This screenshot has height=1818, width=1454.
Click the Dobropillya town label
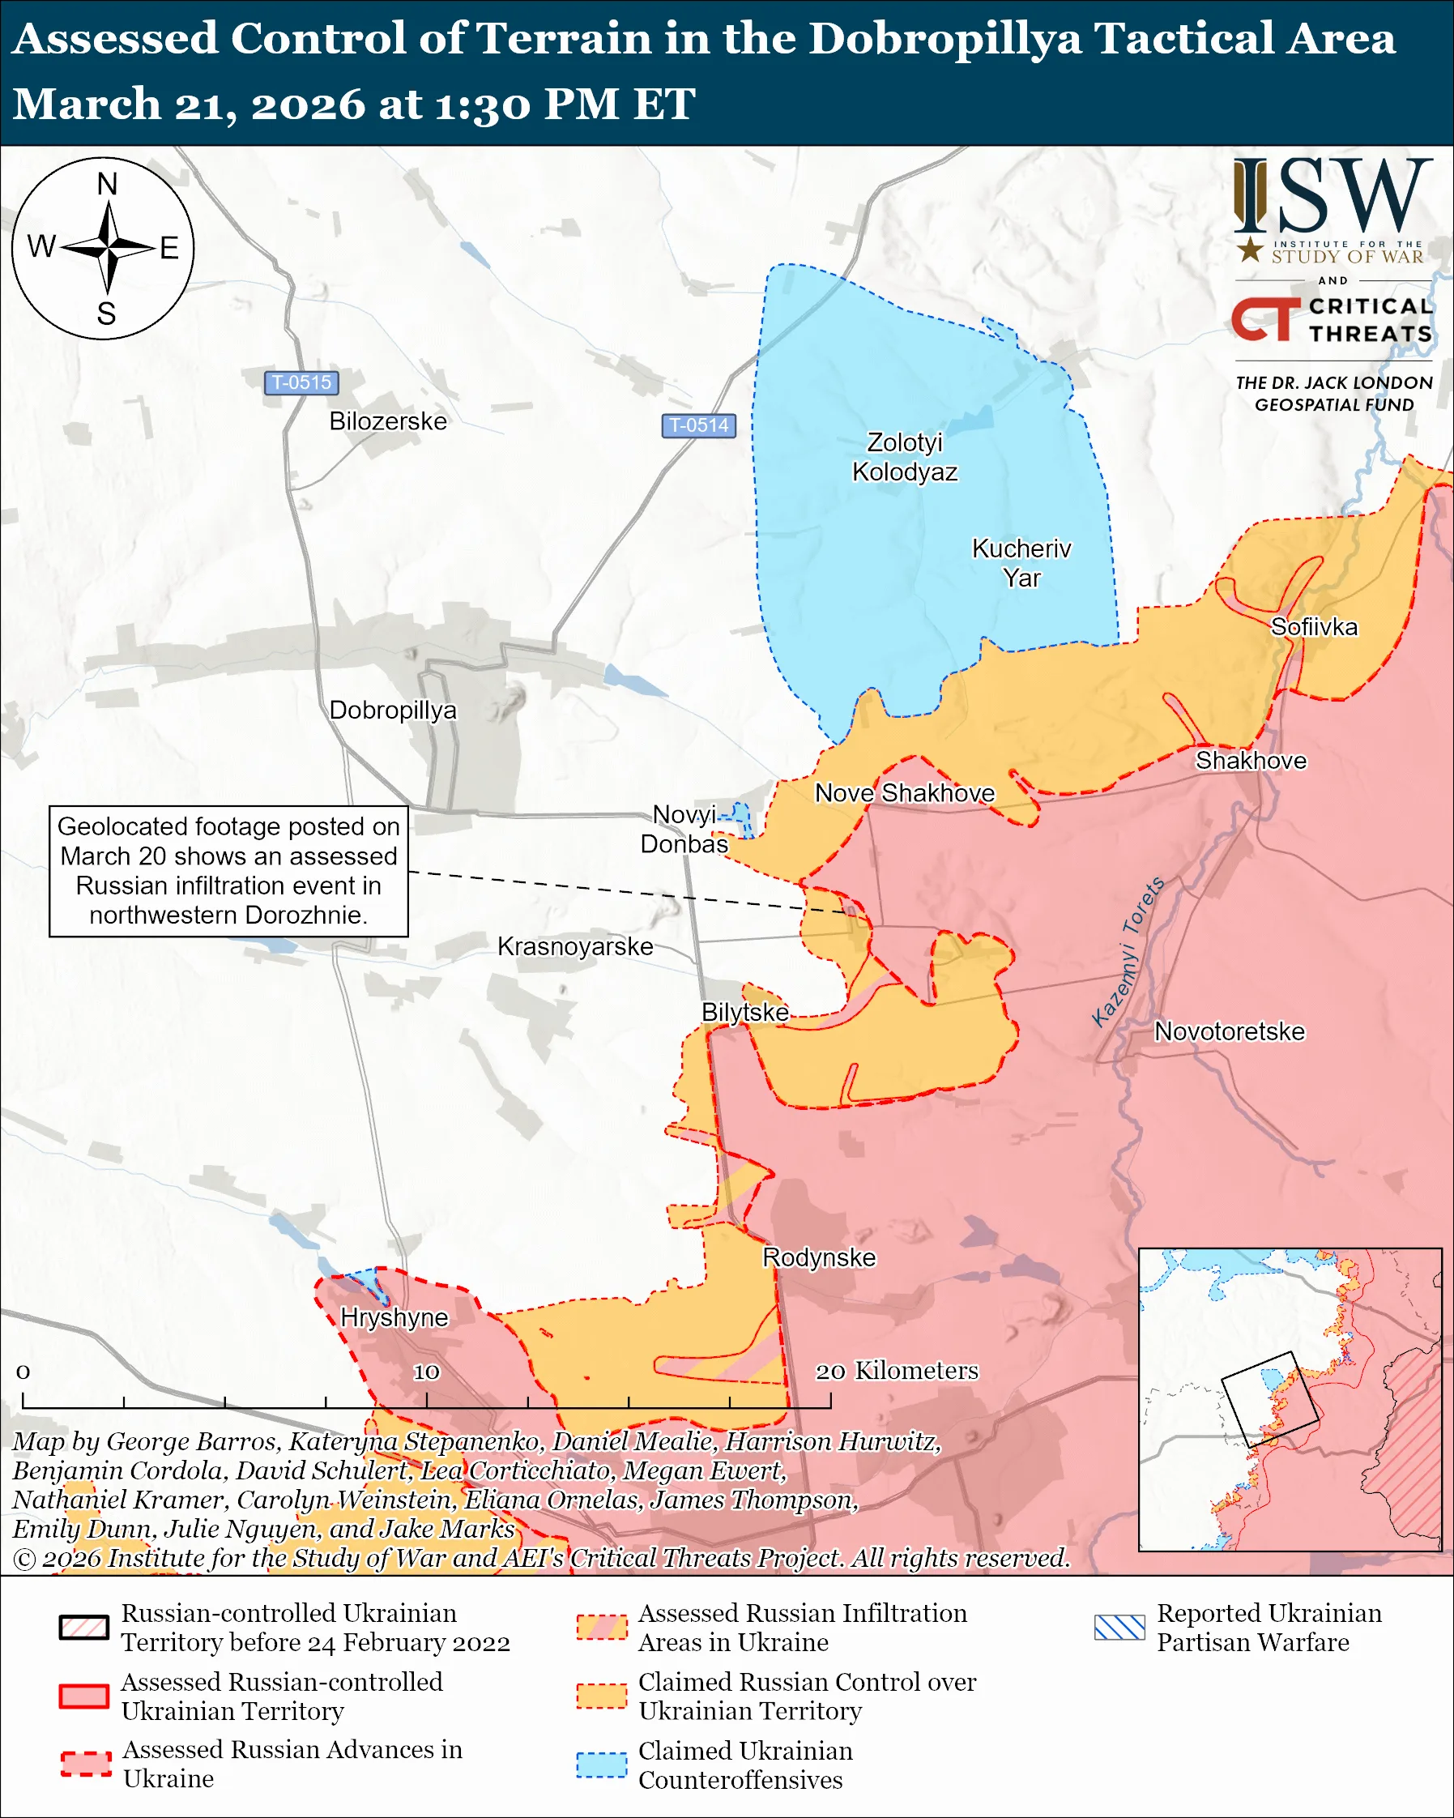[392, 710]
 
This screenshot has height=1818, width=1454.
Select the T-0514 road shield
[698, 425]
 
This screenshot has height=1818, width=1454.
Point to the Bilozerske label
[388, 420]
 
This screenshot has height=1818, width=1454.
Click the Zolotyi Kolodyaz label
[905, 456]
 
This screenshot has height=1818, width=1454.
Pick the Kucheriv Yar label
[1021, 562]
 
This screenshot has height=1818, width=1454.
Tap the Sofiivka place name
[1313, 626]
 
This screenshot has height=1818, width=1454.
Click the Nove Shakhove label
[904, 792]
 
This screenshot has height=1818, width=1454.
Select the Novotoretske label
[1228, 1031]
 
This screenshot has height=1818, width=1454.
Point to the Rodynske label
[818, 1257]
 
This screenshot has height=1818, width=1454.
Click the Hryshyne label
[394, 1317]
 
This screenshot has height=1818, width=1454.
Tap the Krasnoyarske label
[575, 946]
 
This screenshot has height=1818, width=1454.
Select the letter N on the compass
[107, 185]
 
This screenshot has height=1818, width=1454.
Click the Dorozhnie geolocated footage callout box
[228, 870]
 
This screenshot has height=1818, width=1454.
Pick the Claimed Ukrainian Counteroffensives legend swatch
[601, 1765]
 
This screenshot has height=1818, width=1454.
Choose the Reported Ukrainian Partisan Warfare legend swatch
[1119, 1628]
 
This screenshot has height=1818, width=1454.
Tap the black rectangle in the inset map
[1269, 1400]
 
